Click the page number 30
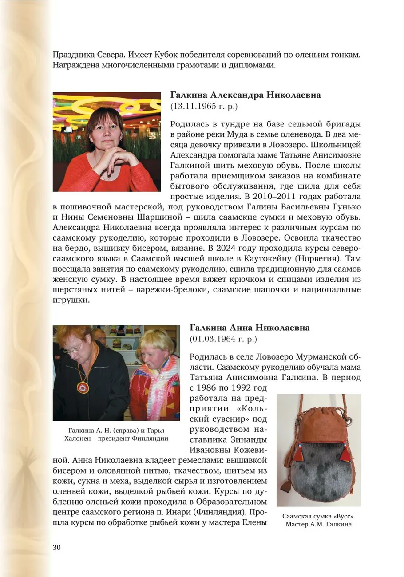point(56,547)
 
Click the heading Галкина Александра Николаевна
point(246,95)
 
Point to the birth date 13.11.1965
point(198,107)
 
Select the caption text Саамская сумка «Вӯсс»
point(319,516)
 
